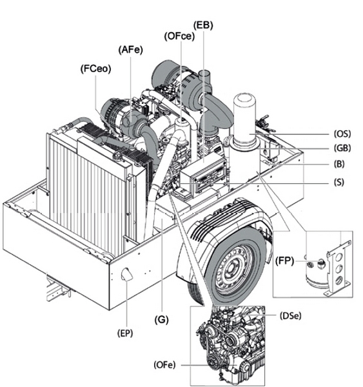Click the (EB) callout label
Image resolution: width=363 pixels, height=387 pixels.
point(203,25)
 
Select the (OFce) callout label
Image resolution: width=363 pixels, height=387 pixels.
point(179,36)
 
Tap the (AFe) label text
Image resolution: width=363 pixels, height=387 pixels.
point(130,50)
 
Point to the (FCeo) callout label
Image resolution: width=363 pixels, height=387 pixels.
point(96,68)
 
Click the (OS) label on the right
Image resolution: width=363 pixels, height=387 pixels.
point(342,134)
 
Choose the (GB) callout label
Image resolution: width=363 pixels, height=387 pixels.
point(342,148)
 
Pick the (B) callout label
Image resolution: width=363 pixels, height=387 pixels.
point(339,164)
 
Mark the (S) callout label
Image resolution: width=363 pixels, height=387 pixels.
point(338,182)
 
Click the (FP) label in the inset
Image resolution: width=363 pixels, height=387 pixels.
point(284,261)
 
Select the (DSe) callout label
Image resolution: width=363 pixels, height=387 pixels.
point(290,315)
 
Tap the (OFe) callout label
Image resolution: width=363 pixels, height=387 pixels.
point(164,365)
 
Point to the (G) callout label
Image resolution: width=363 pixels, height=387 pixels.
point(161,320)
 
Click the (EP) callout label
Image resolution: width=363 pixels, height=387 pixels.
point(125,333)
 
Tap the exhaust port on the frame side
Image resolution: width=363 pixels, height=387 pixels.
point(126,274)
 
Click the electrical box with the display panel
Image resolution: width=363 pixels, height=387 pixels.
point(203,175)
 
